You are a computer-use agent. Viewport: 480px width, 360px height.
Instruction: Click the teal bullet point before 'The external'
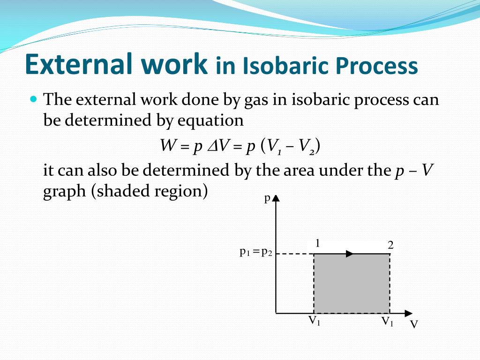point(33,99)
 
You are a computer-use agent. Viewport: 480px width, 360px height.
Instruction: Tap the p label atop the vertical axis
point(267,199)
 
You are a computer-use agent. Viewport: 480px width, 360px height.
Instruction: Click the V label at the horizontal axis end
point(413,324)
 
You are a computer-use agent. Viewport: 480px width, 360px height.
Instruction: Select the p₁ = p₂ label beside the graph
point(256,252)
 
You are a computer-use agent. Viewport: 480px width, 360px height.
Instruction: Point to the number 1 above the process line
point(318,243)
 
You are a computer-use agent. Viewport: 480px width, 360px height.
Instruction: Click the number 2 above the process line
point(390,245)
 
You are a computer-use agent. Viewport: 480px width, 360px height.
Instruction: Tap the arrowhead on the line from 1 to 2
point(350,254)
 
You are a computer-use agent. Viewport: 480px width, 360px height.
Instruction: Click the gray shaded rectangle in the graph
point(352,284)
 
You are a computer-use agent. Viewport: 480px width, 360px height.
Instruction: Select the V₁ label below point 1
point(314,321)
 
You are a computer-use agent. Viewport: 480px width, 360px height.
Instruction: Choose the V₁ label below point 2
point(387,322)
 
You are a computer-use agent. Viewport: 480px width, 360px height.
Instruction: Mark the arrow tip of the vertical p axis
point(276,197)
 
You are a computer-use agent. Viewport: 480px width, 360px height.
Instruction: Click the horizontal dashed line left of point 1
point(294,254)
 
